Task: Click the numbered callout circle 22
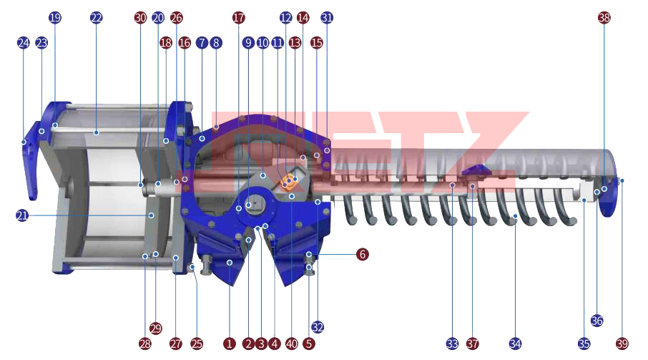click(x=96, y=17)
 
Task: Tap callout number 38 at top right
click(x=604, y=17)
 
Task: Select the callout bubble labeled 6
click(x=363, y=254)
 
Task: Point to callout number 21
click(x=22, y=215)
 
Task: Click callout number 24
click(x=24, y=42)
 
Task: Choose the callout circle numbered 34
click(x=515, y=344)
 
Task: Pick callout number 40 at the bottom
click(x=292, y=344)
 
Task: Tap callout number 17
click(x=238, y=17)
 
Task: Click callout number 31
click(x=327, y=17)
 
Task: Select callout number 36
click(x=597, y=321)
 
